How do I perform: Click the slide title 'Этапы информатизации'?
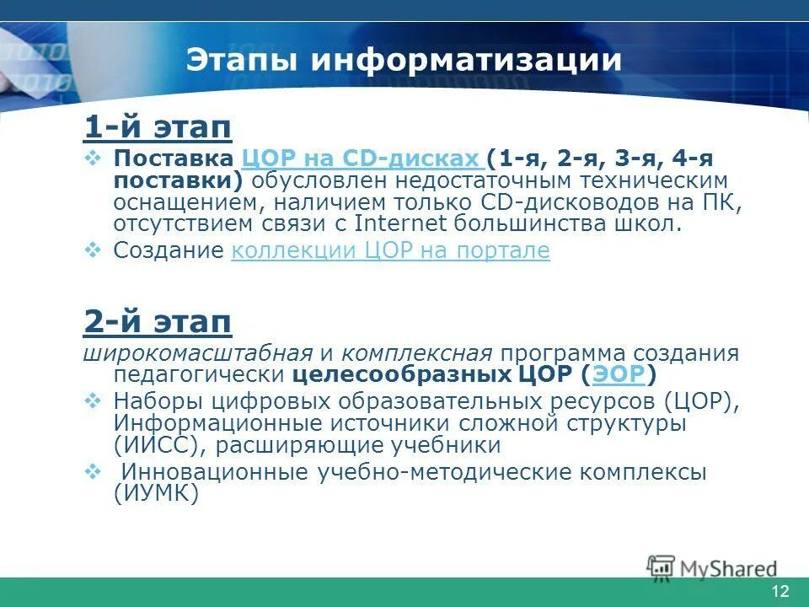(x=404, y=61)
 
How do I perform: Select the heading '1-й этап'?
(x=158, y=127)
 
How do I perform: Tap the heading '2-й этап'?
(x=158, y=320)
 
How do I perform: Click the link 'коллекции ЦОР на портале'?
(x=390, y=250)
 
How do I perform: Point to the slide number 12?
(x=780, y=590)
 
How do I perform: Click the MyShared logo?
(x=713, y=568)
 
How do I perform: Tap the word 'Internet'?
(x=402, y=223)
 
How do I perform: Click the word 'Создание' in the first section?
(x=169, y=250)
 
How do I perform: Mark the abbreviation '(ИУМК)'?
(x=157, y=494)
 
